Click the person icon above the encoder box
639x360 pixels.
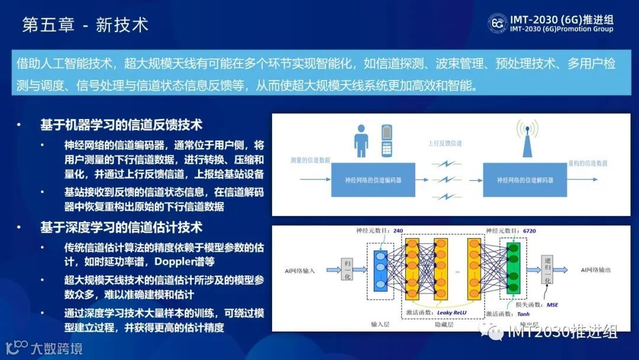click(361, 141)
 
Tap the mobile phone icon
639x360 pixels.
click(388, 140)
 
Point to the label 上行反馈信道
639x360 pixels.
click(446, 143)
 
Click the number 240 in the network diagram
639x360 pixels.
click(398, 231)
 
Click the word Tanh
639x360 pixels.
click(507, 314)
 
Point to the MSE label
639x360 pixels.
click(552, 305)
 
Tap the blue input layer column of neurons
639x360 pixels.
click(380, 271)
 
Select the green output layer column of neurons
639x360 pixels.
click(512, 270)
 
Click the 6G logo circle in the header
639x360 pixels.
click(497, 23)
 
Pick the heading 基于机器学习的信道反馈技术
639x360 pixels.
click(121, 125)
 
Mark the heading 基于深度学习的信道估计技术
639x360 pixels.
click(121, 227)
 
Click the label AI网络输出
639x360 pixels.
click(595, 270)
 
